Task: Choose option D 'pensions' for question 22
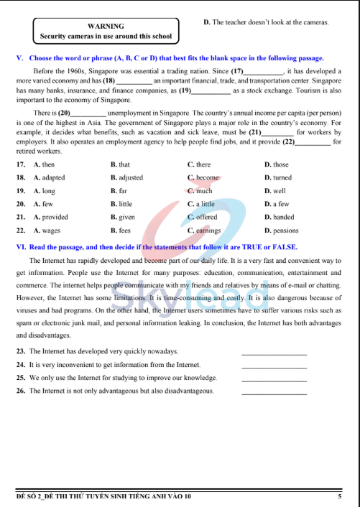[282, 231]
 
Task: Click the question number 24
[21, 365]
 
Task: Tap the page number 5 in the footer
[339, 496]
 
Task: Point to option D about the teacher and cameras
[266, 23]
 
